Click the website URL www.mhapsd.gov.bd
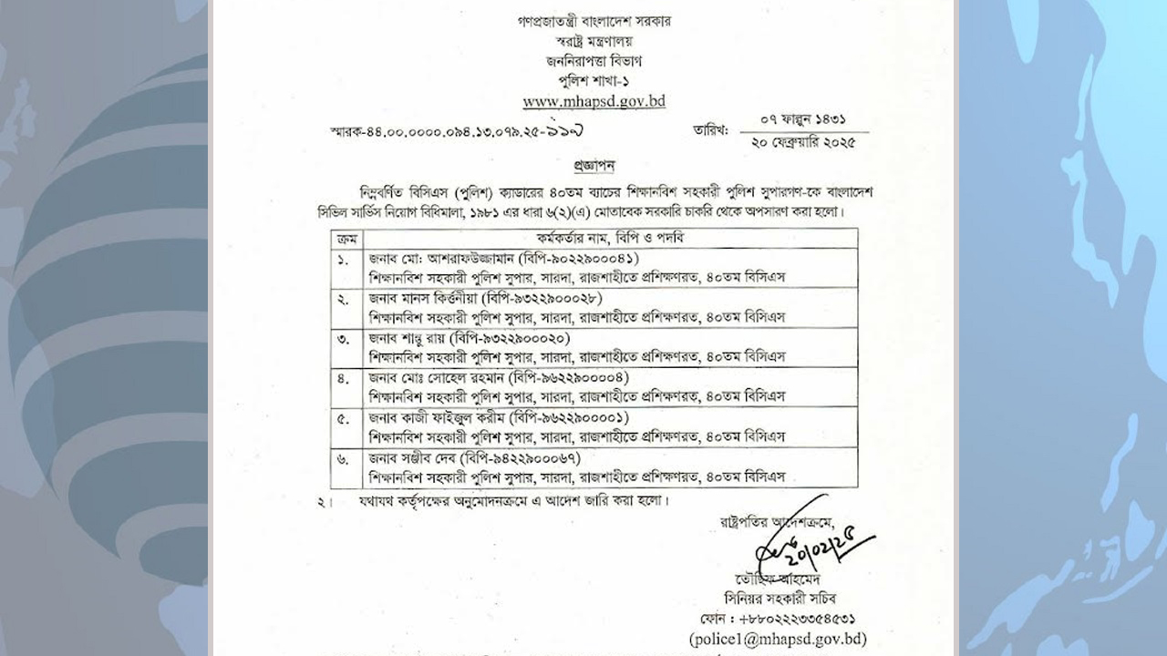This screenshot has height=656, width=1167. click(594, 102)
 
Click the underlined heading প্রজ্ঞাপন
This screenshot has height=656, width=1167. click(594, 168)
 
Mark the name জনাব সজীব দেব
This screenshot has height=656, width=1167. click(412, 457)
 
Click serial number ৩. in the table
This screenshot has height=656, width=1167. click(344, 340)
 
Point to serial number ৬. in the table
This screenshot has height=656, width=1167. click(344, 459)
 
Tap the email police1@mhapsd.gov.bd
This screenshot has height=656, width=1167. click(779, 639)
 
